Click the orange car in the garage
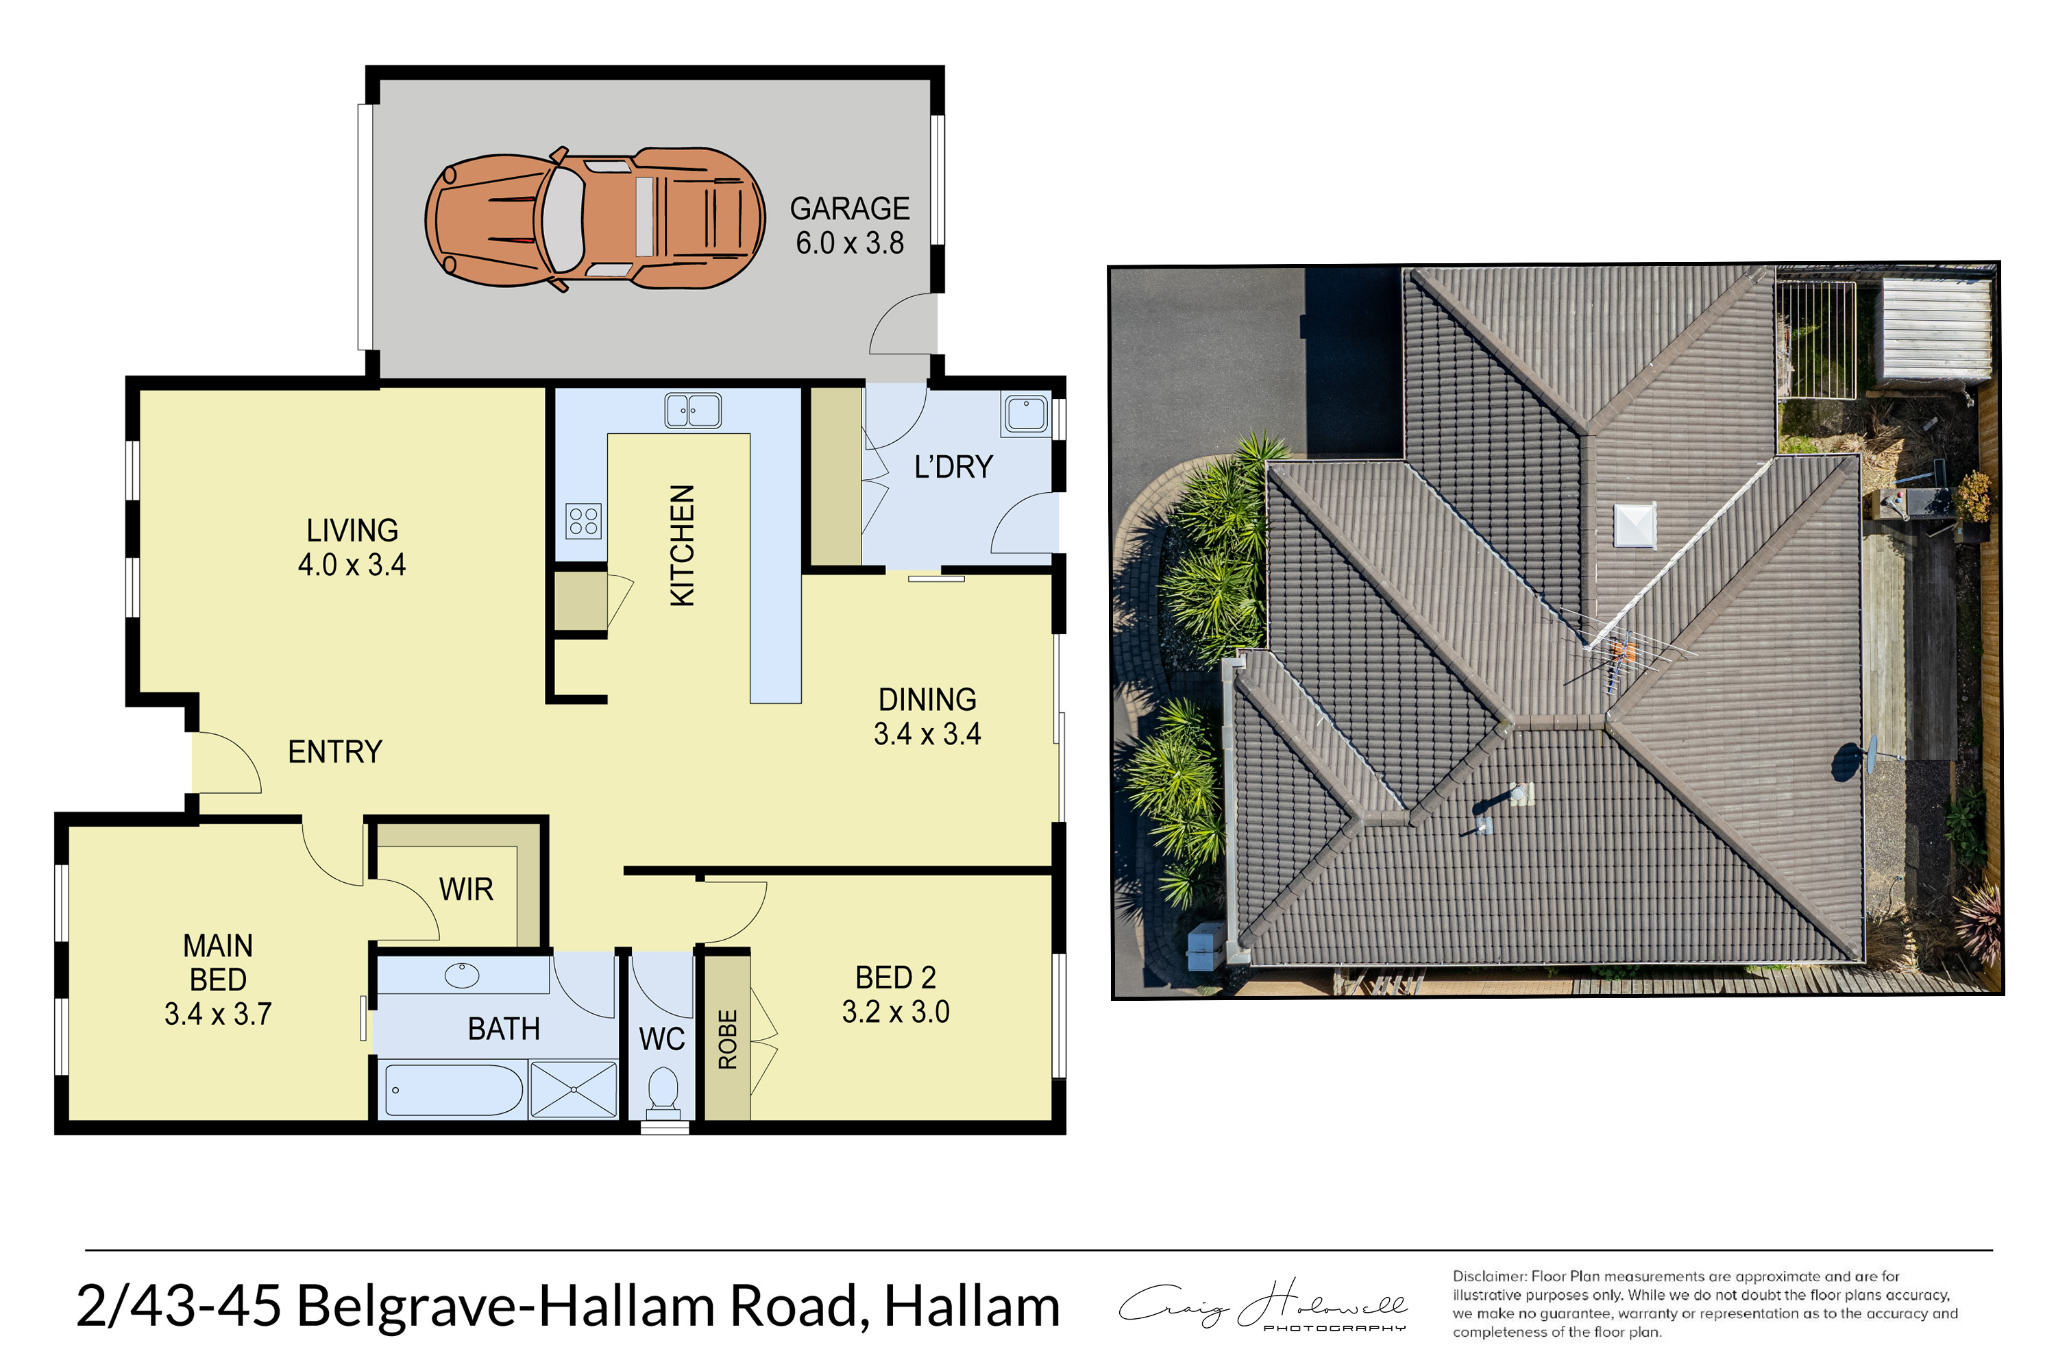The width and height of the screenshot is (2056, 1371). tap(596, 219)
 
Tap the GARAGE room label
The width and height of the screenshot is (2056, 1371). tap(850, 209)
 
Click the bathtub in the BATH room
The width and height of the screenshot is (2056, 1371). tap(454, 1089)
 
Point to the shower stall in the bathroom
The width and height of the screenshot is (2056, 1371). tap(574, 1089)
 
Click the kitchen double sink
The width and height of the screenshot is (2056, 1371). tap(693, 410)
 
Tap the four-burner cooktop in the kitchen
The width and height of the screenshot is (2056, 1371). tap(583, 521)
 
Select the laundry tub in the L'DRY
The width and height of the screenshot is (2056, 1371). tap(1025, 413)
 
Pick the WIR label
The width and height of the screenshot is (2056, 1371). tap(466, 889)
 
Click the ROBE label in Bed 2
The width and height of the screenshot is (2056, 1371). tap(727, 1040)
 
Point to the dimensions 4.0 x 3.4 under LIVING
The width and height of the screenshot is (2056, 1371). tap(352, 565)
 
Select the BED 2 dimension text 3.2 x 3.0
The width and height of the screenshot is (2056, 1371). tap(895, 1012)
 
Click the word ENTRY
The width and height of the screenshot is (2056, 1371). tap(335, 752)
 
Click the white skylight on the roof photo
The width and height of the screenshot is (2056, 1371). tap(1634, 524)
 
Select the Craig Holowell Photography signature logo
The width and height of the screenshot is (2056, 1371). tap(1262, 1305)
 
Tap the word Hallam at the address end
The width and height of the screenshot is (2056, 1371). tap(972, 1307)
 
